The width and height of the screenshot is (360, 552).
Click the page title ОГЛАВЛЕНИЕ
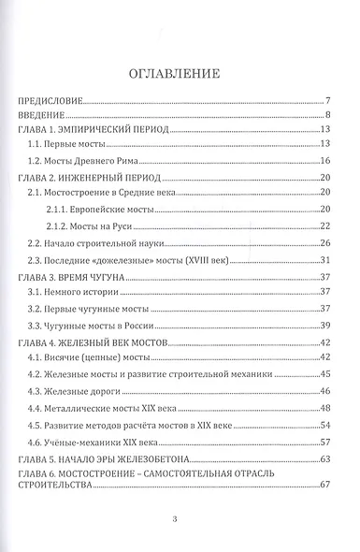point(180,72)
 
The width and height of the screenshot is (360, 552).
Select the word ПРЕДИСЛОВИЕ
point(51,100)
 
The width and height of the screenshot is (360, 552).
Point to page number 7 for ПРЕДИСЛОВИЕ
point(330,100)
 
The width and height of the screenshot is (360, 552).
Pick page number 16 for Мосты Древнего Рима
point(327,161)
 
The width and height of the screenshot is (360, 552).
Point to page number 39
point(327,325)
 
